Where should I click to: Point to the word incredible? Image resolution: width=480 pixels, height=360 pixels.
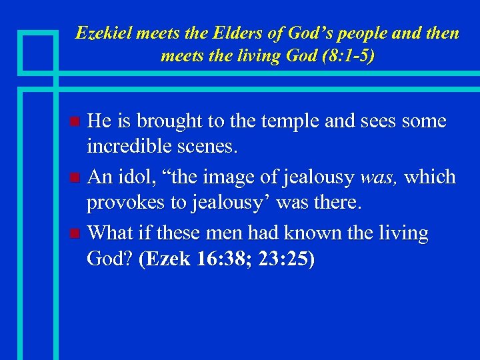(x=133, y=147)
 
